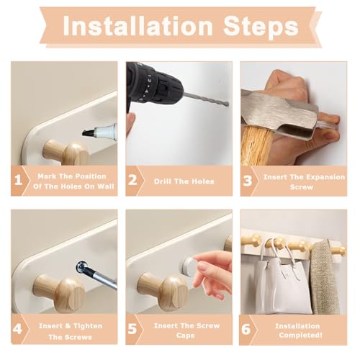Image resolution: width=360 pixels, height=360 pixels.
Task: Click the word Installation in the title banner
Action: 138,26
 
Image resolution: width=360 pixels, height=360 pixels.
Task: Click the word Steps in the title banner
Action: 261,27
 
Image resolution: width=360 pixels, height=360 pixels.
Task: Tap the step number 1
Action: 18,180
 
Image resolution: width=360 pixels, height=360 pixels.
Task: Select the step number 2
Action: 132,180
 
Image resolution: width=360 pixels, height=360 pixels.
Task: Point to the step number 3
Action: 248,181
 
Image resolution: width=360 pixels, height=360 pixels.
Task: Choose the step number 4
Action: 17,329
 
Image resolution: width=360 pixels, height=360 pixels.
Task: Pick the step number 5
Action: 132,329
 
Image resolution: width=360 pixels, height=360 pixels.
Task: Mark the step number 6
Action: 246,329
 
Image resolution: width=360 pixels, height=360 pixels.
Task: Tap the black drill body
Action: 153,85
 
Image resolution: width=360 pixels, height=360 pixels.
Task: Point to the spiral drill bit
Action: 206,99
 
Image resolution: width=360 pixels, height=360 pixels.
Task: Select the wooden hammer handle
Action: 257,146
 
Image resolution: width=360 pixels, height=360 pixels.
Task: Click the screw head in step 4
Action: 82,266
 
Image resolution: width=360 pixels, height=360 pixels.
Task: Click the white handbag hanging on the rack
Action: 283,283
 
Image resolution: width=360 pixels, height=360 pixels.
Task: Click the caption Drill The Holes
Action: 184,181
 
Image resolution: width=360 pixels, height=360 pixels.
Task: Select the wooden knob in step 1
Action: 66,152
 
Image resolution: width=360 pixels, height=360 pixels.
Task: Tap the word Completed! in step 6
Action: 300,335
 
